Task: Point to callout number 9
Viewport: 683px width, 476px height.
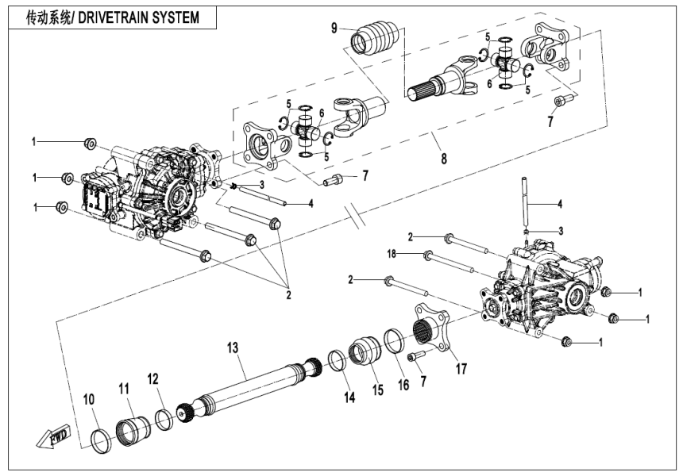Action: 334,29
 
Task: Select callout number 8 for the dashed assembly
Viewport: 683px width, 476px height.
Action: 443,158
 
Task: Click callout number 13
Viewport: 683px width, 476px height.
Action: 232,347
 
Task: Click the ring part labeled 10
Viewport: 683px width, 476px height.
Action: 102,440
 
